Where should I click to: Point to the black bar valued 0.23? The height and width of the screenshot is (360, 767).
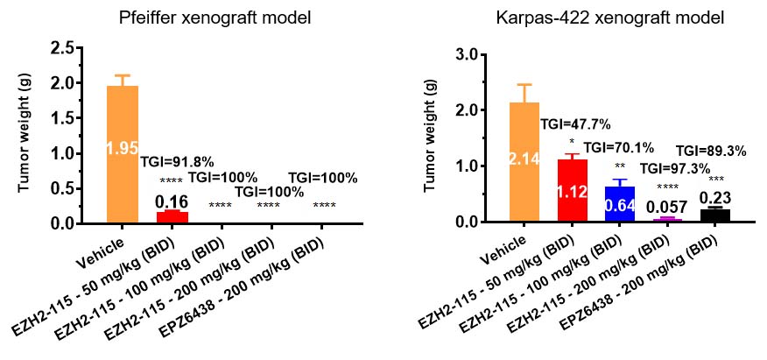[x=714, y=215]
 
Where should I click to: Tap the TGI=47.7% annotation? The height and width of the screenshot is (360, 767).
[x=574, y=124]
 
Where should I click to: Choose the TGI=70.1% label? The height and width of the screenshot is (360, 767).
[x=618, y=148]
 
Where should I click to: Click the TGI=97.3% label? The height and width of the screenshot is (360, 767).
[x=675, y=168]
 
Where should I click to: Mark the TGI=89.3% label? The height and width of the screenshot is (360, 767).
[x=711, y=151]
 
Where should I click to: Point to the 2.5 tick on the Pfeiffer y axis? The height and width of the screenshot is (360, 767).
[x=62, y=49]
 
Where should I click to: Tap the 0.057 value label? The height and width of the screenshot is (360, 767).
[x=668, y=206]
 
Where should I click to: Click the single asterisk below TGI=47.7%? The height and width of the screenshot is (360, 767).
[x=572, y=142]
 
